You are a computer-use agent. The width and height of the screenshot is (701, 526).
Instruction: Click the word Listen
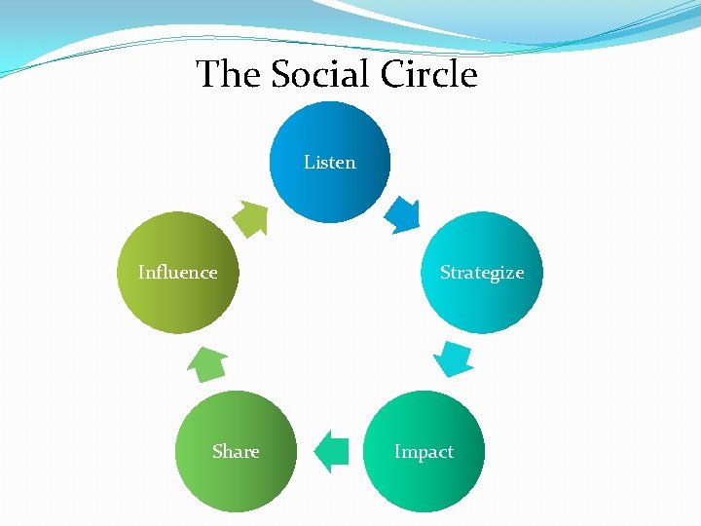click(330, 163)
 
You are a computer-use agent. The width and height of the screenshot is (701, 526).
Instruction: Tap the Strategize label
click(481, 273)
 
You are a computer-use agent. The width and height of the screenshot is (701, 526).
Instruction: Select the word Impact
click(424, 452)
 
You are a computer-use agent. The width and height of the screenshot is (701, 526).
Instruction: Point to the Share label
click(236, 452)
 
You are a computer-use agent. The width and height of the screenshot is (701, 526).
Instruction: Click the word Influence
click(177, 273)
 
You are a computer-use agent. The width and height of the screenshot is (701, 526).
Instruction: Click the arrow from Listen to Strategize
click(402, 215)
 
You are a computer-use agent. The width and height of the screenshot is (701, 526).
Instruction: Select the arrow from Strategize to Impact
click(453, 358)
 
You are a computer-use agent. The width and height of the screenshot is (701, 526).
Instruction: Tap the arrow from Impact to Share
click(333, 451)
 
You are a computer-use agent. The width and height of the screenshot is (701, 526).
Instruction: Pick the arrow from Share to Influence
click(205, 363)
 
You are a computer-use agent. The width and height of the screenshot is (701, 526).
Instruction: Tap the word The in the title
click(228, 74)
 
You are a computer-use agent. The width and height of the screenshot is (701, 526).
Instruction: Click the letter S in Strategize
click(445, 273)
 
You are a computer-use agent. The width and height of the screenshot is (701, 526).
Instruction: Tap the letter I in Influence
click(141, 273)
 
